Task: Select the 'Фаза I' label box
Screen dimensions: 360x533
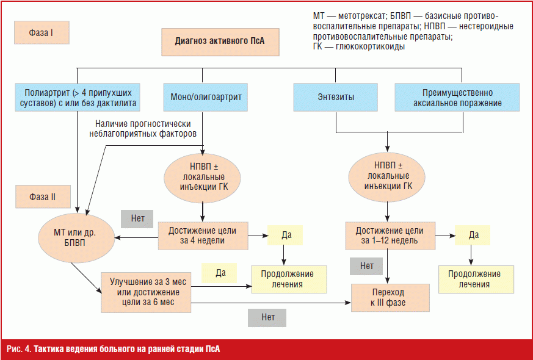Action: (x=42, y=34)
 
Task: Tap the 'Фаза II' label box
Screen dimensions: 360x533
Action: (x=43, y=196)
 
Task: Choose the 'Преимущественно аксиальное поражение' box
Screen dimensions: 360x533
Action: (x=457, y=98)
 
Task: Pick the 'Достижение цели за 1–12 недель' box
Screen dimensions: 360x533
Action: (x=390, y=236)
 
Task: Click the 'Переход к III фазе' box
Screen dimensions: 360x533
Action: (x=389, y=297)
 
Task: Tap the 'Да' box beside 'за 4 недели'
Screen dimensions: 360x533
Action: (x=285, y=235)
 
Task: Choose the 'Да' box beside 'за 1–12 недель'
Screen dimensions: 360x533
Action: (x=473, y=235)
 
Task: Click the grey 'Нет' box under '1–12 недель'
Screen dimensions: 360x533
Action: (x=367, y=265)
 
